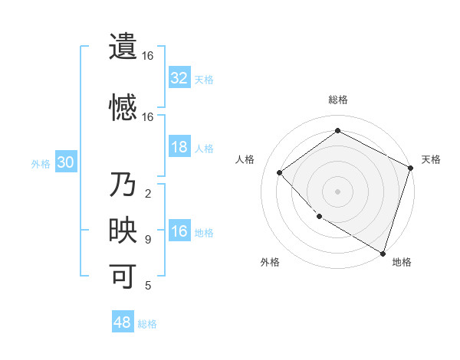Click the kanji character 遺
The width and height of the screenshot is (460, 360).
[x=123, y=47]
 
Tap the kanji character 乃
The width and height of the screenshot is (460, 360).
[x=123, y=186]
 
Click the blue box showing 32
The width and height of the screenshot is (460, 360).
[x=179, y=78]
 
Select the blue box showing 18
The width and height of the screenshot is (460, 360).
[x=179, y=147]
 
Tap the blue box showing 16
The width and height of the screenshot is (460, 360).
[x=179, y=232]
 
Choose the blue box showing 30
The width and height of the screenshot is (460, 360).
[x=65, y=163]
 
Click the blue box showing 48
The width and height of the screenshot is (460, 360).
[x=123, y=322]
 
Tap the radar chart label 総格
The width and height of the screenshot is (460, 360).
[x=338, y=100]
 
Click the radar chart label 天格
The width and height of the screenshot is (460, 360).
[x=431, y=159]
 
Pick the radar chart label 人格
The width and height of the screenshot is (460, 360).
[x=245, y=159]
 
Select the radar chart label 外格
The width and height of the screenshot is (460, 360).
[x=270, y=262]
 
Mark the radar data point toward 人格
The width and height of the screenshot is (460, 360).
[x=280, y=173]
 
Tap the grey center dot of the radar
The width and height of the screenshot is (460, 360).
[x=338, y=191]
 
